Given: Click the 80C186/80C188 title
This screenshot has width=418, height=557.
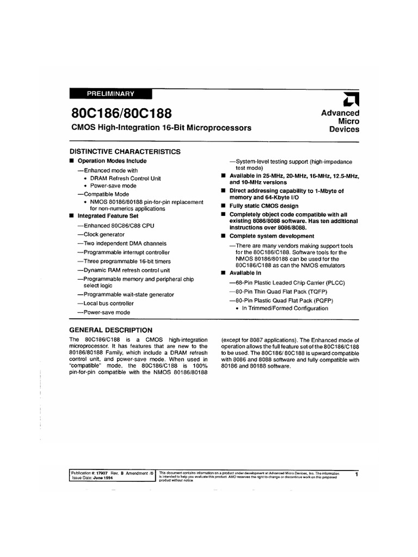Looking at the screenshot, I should pos(121,114).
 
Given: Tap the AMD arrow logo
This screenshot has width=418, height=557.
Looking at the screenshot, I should pos(349,99).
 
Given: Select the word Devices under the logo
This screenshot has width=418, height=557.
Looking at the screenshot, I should pos(345,129).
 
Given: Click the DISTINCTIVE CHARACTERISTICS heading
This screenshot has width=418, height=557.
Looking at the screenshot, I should pos(125,152).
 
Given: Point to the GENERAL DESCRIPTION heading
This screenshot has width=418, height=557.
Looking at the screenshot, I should pos(111,330).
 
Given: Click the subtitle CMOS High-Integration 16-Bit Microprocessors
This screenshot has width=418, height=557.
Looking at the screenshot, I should pos(161,128).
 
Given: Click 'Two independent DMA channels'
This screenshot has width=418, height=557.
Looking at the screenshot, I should pos(122,243).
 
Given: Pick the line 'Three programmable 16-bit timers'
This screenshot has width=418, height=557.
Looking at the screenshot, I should pos(126,261).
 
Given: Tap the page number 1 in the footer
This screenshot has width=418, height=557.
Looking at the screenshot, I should pos(355,475).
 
